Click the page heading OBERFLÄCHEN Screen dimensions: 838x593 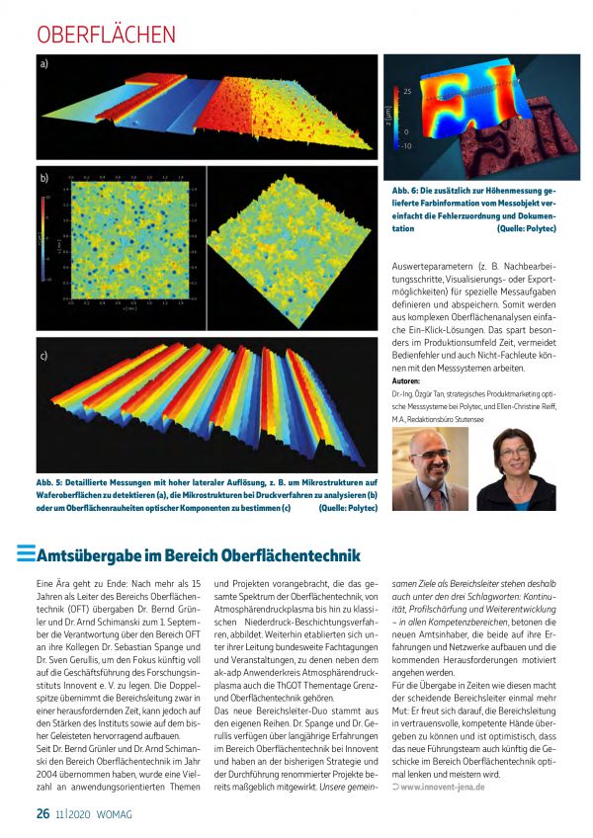pos(106,34)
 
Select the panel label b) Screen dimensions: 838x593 pos(45,180)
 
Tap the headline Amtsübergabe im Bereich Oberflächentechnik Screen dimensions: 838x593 pos(198,554)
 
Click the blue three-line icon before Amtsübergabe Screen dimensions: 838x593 pos(25,554)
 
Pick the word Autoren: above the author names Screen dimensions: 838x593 pos(405,380)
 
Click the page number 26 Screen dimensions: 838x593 pos(42,813)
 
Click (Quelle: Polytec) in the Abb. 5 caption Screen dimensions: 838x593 pos(348,508)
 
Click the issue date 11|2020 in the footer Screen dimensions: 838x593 pos(74,814)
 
